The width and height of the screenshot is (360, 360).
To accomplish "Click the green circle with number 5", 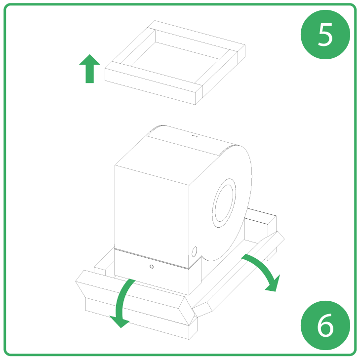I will click(325, 34).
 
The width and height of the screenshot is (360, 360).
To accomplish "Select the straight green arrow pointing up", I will click(89, 69).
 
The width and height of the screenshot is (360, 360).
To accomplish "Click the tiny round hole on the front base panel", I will click(152, 267).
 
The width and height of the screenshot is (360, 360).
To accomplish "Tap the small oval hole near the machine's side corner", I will click(194, 250).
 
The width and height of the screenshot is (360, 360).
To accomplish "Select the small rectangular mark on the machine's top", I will click(194, 135).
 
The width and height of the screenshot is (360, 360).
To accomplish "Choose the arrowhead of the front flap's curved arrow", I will click(119, 322).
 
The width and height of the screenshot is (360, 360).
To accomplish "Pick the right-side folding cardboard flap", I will click(237, 277).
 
